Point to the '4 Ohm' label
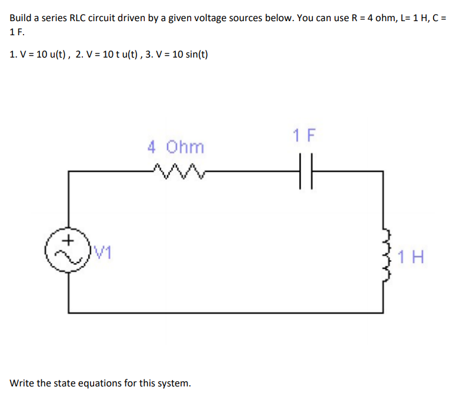pos(176,146)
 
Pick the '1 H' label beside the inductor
pos(411,257)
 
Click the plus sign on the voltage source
pos(69,240)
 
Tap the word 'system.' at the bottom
pos(175,384)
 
